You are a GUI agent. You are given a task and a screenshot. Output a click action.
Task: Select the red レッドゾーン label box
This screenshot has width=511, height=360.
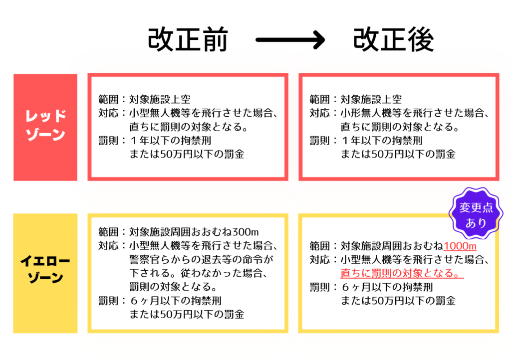point(45,127)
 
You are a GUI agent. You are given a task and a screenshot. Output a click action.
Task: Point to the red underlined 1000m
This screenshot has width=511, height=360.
point(460,246)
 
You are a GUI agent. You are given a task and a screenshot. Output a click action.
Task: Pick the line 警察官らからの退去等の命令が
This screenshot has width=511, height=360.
point(202,260)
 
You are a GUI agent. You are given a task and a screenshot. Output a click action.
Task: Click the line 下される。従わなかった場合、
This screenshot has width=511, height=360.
point(199,274)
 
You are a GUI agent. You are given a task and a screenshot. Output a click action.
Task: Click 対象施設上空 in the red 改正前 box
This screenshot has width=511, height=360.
point(160,99)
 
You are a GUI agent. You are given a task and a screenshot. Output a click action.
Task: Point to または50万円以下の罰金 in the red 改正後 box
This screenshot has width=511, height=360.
point(398,154)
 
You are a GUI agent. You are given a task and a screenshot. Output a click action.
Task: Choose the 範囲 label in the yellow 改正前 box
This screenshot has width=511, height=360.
point(108,232)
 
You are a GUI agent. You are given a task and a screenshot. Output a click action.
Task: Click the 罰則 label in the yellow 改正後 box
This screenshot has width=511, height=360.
point(319,288)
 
